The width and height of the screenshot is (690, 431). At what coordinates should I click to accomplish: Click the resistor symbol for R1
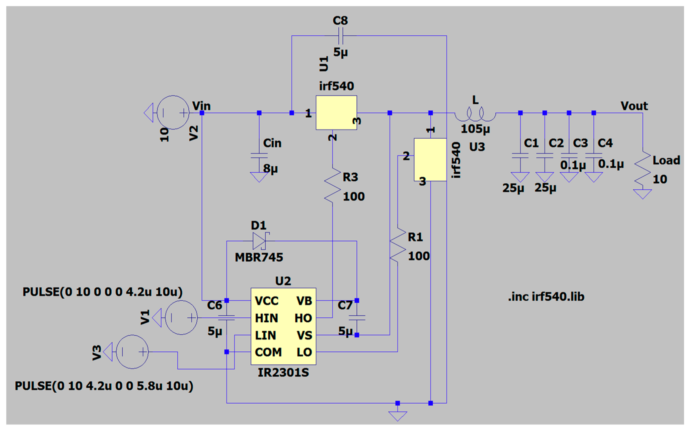[x=398, y=244]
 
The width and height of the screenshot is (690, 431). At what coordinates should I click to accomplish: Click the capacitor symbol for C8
[x=341, y=36]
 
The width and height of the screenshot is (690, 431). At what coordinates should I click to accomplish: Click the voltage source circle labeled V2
[x=173, y=113]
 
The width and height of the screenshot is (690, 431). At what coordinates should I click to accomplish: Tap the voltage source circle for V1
[x=181, y=318]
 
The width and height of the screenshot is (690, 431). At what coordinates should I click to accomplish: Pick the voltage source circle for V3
[x=132, y=352]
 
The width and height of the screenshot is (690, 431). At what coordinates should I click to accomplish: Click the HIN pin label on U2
[x=266, y=318]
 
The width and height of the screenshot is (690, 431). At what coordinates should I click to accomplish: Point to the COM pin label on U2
[x=268, y=352]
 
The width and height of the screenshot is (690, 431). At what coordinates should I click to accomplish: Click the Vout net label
[x=634, y=106]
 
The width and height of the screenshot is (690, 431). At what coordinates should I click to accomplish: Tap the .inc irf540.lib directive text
[x=546, y=297]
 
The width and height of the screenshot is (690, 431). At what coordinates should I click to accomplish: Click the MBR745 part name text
[x=259, y=257]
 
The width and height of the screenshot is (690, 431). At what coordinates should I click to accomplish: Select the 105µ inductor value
[x=475, y=129]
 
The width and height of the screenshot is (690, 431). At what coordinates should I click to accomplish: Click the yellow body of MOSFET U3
[x=430, y=160]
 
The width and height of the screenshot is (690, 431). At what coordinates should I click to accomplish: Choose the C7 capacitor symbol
[x=357, y=318]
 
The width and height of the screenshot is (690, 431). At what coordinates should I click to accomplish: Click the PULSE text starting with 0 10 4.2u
[x=104, y=386]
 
